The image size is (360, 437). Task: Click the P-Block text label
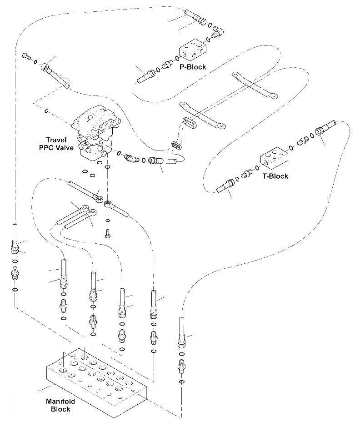click(193, 67)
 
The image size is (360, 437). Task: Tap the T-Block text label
click(275, 176)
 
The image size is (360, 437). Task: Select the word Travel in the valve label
click(56, 140)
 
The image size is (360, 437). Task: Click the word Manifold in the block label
click(60, 402)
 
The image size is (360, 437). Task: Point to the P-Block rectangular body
click(193, 50)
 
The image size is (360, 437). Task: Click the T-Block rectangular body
click(274, 158)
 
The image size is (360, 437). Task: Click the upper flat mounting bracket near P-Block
click(255, 85)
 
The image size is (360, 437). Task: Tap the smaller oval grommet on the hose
click(176, 146)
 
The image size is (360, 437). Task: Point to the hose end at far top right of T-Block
click(326, 127)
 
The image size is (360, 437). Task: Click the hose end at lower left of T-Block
click(225, 186)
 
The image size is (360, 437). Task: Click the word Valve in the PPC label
click(64, 148)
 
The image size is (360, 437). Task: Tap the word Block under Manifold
click(60, 409)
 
